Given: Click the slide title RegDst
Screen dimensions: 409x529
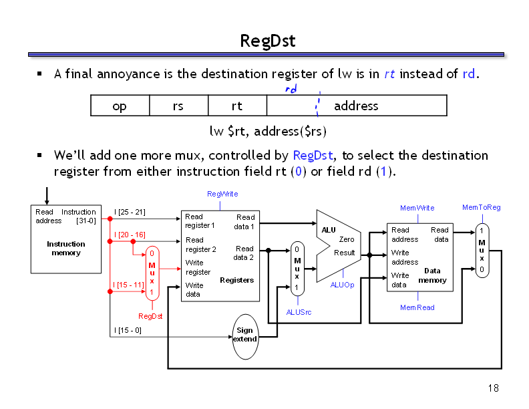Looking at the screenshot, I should click(267, 41).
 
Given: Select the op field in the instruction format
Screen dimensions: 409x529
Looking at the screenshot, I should click(120, 106).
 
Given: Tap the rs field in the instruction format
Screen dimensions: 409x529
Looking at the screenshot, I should click(178, 106).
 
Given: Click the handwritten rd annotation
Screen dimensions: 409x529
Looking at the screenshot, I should click(291, 88).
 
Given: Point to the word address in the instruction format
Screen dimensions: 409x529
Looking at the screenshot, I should click(356, 106).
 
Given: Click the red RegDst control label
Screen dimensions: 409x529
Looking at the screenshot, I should click(150, 316).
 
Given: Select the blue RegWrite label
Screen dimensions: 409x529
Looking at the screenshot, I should click(222, 194).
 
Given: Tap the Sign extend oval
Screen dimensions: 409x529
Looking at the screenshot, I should click(244, 335).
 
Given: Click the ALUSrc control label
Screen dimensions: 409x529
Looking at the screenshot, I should click(299, 312).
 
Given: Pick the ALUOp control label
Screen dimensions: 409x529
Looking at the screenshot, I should click(342, 285).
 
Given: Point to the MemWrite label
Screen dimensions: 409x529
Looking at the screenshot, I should click(417, 208).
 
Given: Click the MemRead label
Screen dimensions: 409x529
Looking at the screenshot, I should click(417, 307).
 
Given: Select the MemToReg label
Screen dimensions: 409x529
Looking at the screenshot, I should click(481, 207).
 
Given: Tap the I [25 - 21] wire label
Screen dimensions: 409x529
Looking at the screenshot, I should click(130, 213).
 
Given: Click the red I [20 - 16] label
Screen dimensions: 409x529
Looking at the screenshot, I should click(130, 235).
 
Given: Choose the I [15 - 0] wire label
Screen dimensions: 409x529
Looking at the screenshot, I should click(128, 330).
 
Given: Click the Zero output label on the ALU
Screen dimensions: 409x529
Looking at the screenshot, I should click(347, 239).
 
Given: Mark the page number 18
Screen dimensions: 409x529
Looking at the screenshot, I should click(494, 388).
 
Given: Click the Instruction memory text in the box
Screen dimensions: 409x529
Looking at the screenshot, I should click(66, 249).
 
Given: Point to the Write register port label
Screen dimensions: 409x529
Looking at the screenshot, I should click(198, 267).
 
